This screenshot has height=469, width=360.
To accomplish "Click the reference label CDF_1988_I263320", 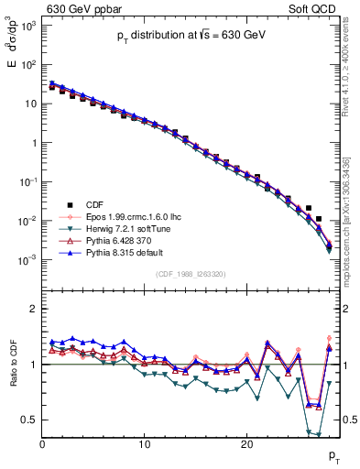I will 191,273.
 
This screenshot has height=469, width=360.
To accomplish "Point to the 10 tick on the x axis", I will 144,444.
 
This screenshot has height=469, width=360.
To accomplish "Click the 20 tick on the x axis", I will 246,444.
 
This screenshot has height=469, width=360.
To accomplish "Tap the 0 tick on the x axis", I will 42,444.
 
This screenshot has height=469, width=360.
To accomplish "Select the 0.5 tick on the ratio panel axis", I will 30,420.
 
